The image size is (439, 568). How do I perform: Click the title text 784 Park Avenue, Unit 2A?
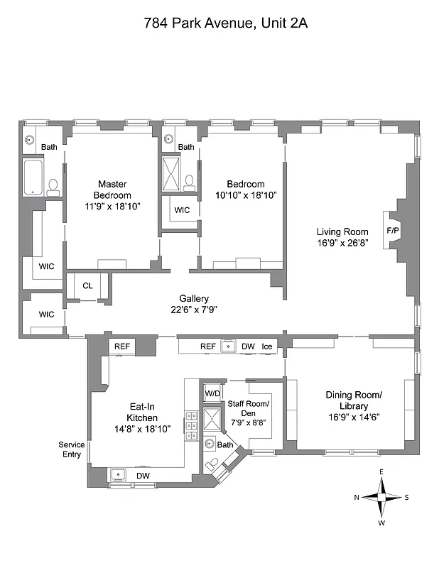pos(220,23)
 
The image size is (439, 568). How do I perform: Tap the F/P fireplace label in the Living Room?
pos(392,231)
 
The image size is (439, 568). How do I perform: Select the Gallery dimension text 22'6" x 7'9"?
pos(193,310)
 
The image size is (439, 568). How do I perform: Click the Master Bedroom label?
pos(114,190)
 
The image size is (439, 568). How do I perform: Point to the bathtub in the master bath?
pos(33,177)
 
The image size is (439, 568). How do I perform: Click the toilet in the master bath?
pos(53,187)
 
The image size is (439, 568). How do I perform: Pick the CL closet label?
pos(87,286)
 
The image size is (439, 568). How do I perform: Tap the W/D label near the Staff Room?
pos(212,393)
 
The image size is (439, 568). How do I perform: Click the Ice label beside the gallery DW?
pos(267,346)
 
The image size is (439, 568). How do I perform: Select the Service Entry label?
pos(72,449)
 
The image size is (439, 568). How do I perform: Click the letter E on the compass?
pos(381,472)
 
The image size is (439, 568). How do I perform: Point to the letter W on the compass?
pos(381,523)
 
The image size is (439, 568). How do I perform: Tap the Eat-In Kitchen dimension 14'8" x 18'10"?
pos(142,429)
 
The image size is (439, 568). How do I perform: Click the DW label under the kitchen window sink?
pos(142,476)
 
